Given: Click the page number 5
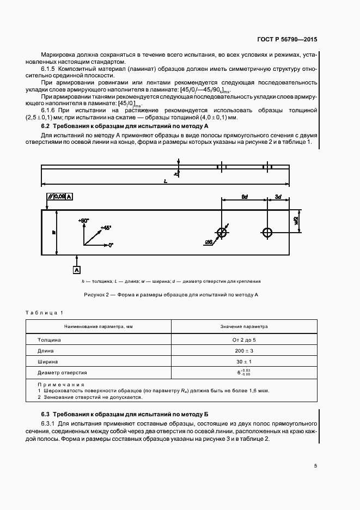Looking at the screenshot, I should pos(316,465).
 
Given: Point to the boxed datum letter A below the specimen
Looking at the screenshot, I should pos(77,270).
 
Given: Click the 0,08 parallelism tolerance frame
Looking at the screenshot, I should pos(60,196).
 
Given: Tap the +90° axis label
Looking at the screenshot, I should pos(83,221).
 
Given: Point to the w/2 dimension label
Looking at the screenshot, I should pos(296,220).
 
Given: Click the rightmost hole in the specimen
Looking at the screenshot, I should pos(267,233).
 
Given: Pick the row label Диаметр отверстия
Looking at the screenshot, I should pos(62,373).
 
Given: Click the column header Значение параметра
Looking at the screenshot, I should pos(244,326).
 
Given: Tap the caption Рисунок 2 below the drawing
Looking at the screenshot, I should pos(170,295).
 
